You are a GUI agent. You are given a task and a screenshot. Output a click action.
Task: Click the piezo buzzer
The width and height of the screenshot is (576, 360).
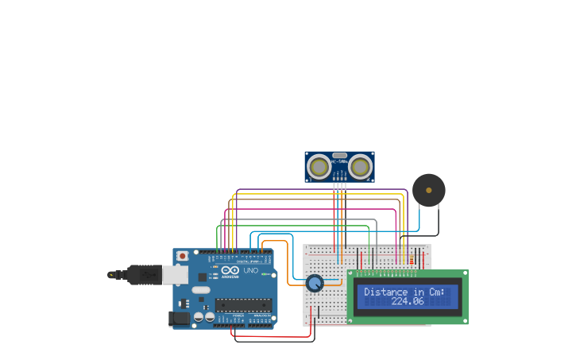point(429,190)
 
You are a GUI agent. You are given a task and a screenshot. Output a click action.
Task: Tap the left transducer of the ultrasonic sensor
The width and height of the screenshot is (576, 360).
point(319,167)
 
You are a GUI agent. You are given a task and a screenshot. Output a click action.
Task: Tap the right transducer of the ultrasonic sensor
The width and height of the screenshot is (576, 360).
point(360,167)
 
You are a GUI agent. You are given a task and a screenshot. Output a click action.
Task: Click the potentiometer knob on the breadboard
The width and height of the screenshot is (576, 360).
point(315,283)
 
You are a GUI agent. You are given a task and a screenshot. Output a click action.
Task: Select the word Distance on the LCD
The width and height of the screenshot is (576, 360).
point(385,292)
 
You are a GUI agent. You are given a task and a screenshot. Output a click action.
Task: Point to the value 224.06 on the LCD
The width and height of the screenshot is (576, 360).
point(408,301)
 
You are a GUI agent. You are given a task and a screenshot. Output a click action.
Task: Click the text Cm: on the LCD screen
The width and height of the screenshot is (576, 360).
point(438,292)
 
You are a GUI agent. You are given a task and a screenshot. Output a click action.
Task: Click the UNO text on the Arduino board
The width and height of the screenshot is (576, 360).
point(250,271)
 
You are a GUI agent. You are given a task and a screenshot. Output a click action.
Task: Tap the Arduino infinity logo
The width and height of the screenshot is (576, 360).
point(230,270)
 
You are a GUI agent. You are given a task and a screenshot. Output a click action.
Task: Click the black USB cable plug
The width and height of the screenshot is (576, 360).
point(135,274)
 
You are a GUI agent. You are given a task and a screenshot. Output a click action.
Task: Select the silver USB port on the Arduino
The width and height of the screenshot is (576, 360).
point(176,274)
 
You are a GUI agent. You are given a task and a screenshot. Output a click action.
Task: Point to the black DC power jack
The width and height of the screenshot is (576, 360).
point(180,319)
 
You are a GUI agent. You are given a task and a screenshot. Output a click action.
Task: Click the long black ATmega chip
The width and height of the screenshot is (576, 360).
point(243,305)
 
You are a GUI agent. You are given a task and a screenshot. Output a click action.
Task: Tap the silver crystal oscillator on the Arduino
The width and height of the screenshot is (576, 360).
point(201,290)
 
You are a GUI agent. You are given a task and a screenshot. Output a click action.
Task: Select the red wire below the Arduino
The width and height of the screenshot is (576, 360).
point(270,336)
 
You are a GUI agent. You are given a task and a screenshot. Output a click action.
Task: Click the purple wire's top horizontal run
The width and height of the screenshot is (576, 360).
point(318,190)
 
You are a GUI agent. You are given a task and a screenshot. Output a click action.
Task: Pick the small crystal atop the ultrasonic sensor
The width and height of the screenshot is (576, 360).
point(339,155)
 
